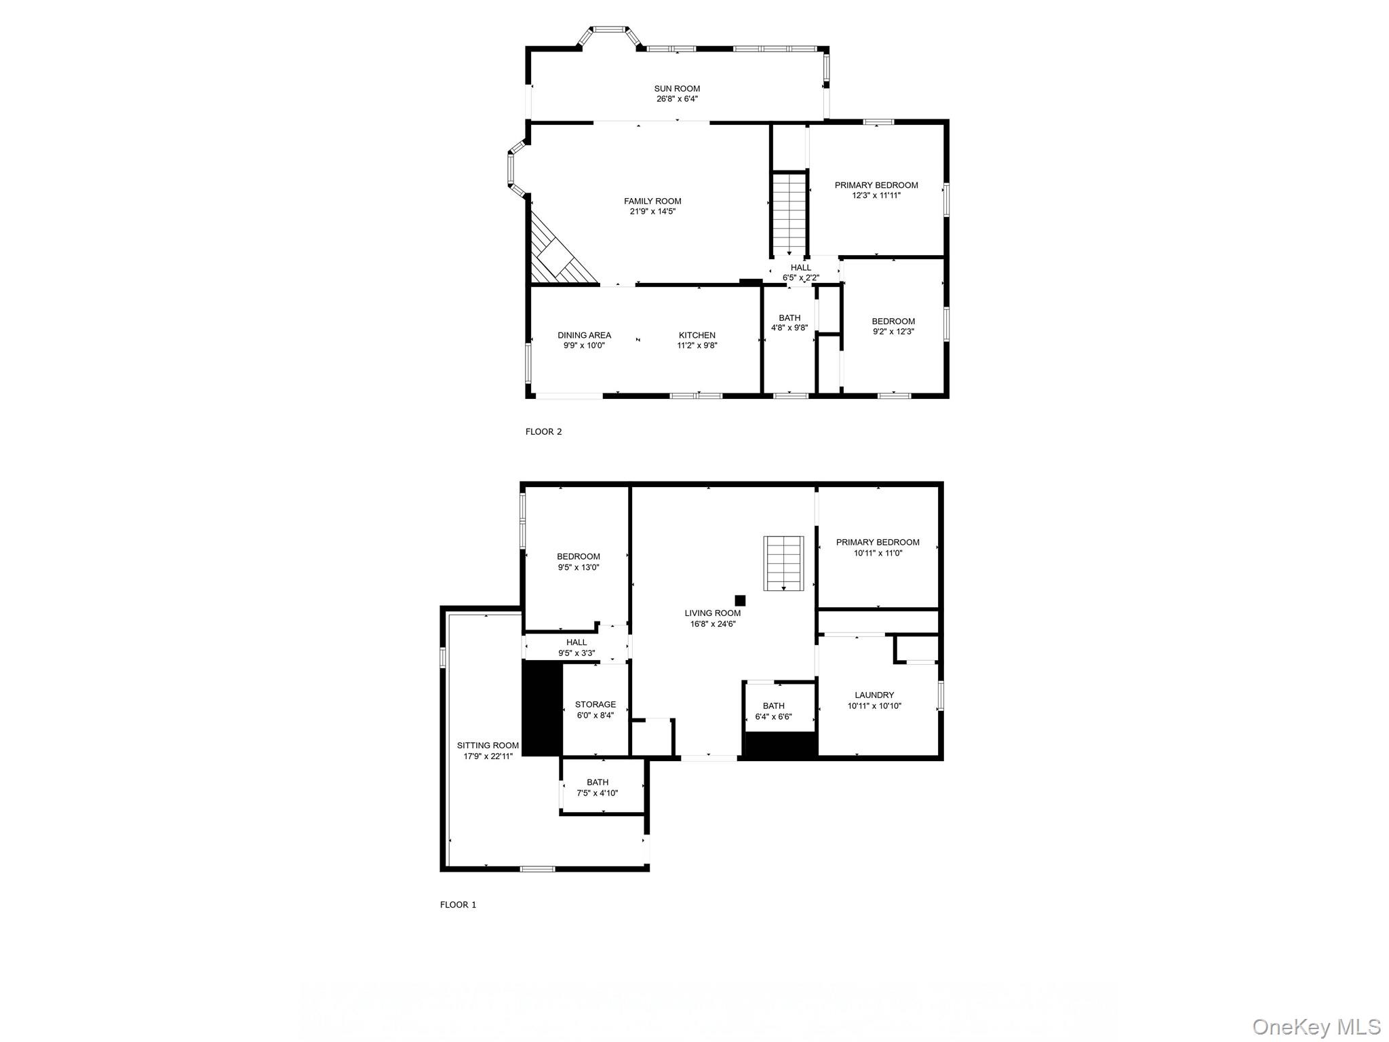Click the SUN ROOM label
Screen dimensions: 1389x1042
tap(677, 88)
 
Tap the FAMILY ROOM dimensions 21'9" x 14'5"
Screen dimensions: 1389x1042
tap(652, 211)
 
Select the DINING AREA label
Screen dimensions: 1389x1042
tap(584, 335)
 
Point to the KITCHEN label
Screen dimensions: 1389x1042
tap(697, 335)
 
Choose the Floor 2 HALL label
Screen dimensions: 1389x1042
tap(801, 267)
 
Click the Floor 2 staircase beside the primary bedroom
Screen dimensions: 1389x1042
tap(789, 212)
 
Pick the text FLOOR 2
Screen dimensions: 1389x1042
tap(543, 431)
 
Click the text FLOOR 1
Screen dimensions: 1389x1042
tap(458, 904)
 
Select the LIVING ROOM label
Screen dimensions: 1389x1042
tap(713, 613)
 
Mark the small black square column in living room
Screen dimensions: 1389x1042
tap(740, 600)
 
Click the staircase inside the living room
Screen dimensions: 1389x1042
tap(783, 563)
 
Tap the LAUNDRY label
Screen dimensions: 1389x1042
tap(874, 695)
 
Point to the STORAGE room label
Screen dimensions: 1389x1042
tap(595, 704)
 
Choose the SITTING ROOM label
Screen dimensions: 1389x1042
tap(488, 746)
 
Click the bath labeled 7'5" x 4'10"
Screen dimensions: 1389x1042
tap(598, 788)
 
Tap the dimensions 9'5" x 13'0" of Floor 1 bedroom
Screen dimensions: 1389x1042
tap(579, 567)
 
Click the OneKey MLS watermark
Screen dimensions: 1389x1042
tap(1316, 1026)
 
